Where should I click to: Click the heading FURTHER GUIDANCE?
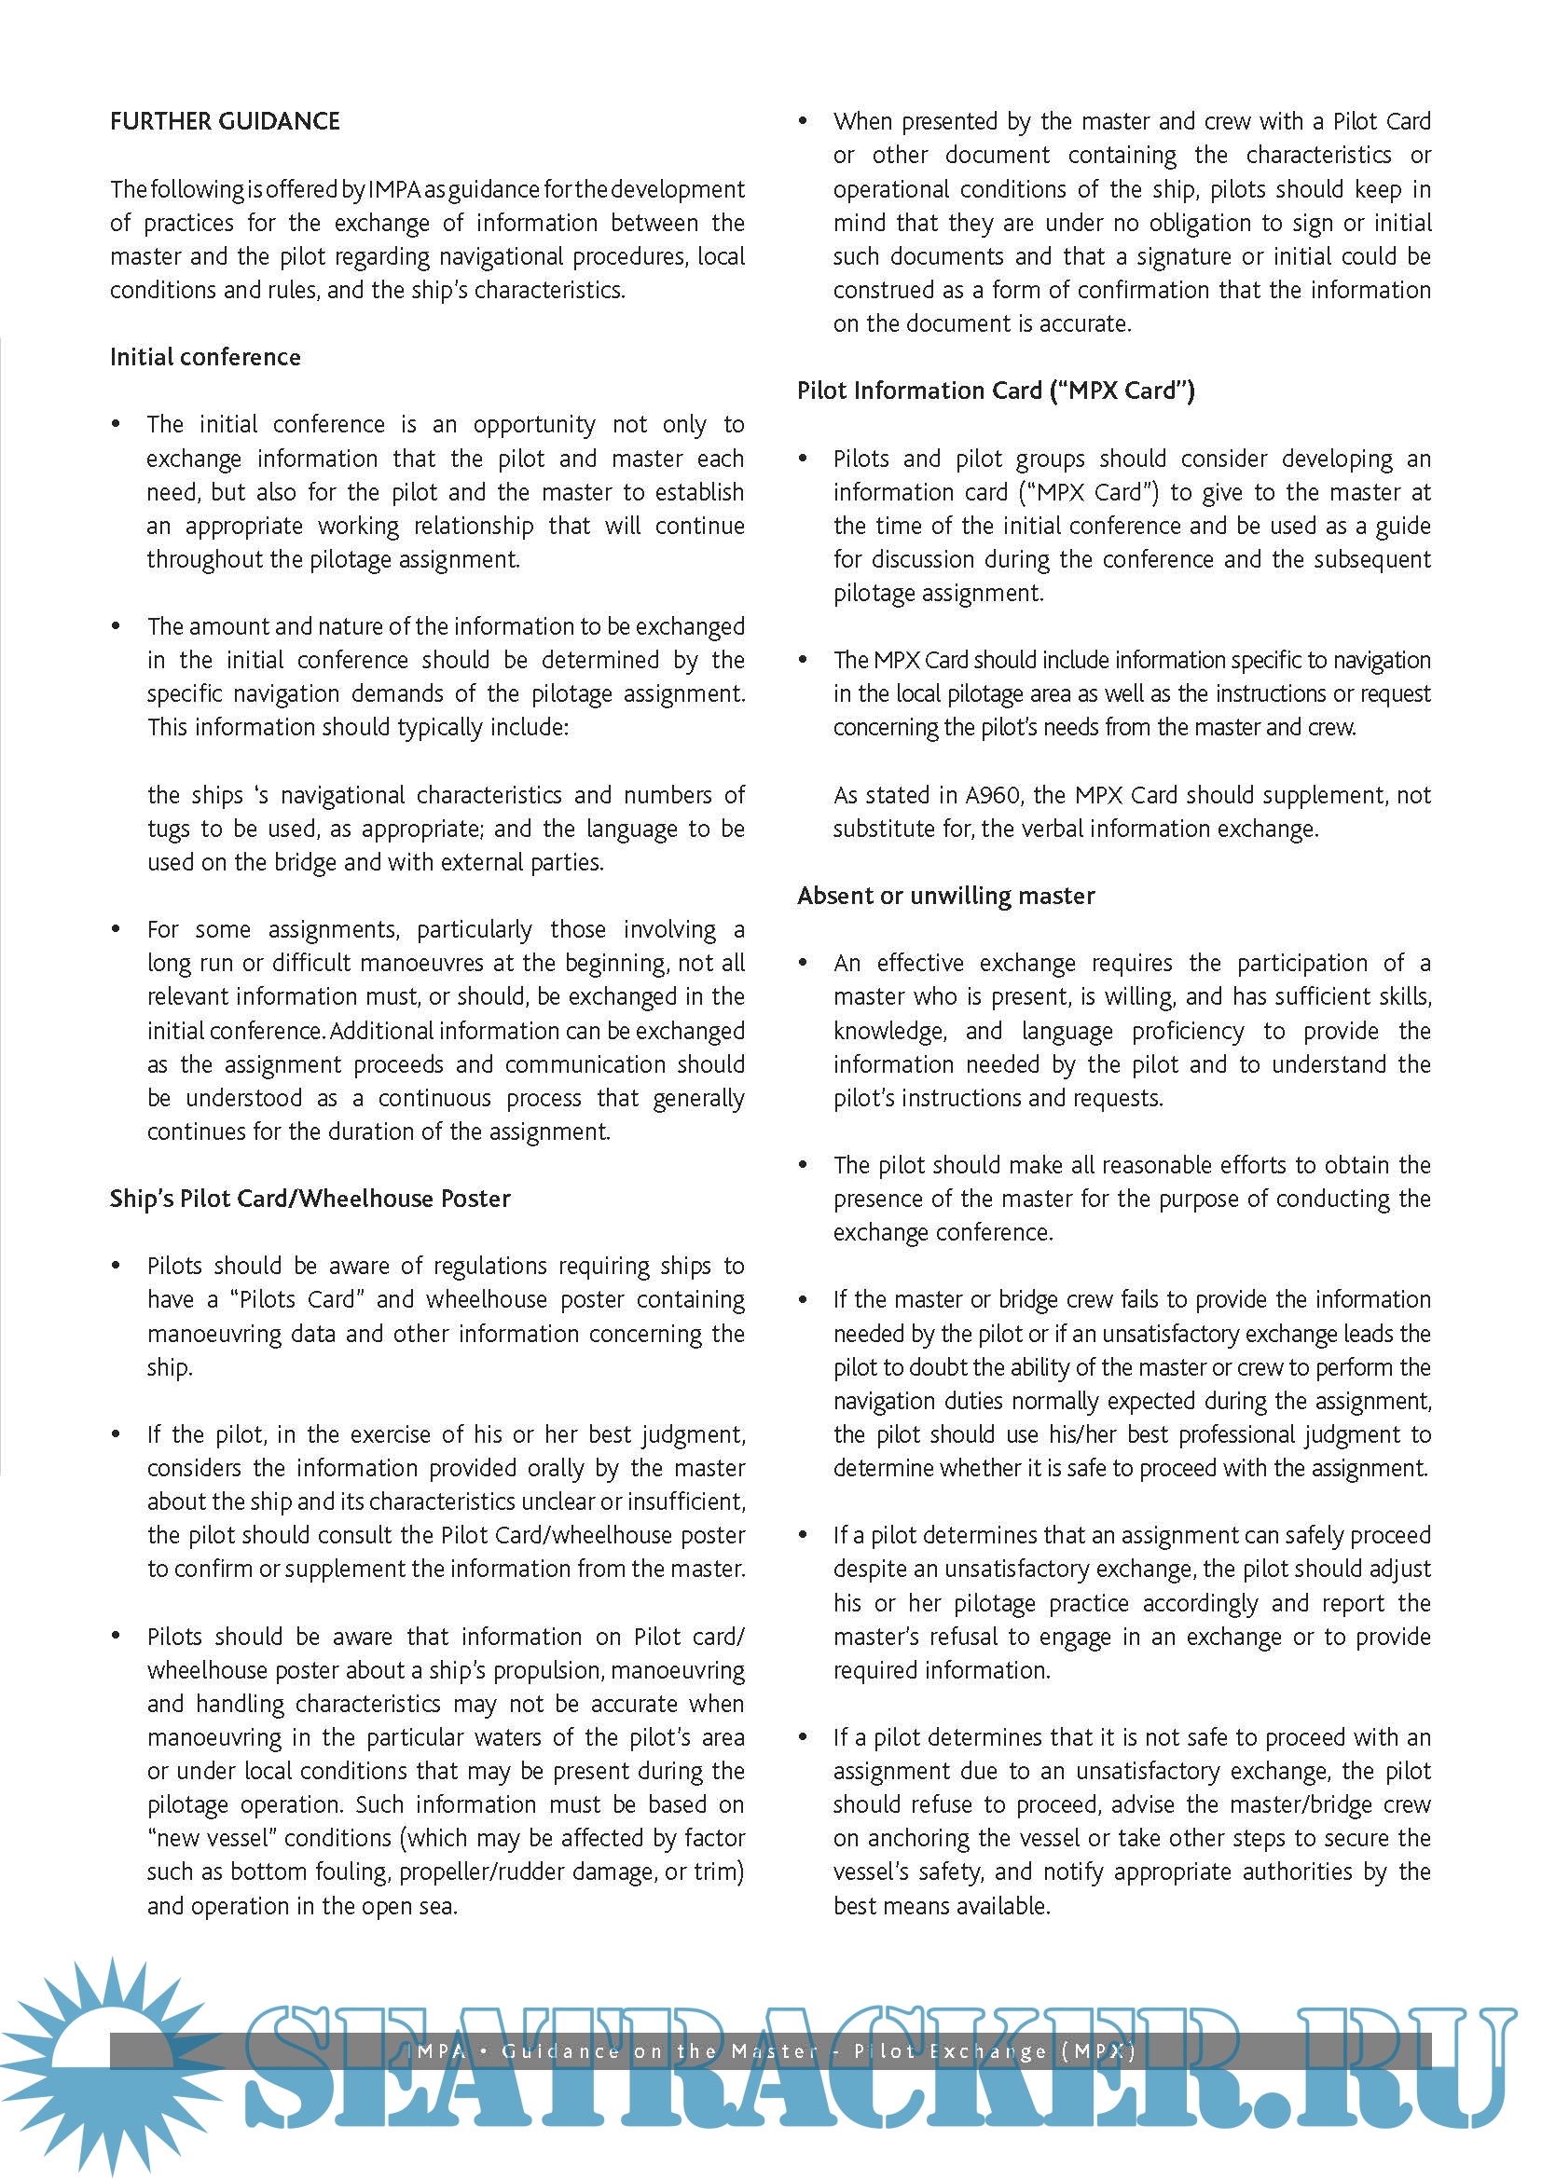click(225, 121)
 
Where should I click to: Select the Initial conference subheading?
click(205, 357)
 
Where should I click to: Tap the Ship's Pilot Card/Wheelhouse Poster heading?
click(310, 1199)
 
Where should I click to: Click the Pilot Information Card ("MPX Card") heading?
click(995, 391)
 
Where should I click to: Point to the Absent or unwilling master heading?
click(945, 896)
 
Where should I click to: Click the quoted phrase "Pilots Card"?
click(297, 1299)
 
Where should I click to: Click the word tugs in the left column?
click(168, 829)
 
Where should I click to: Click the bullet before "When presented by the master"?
click(803, 121)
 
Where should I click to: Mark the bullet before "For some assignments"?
click(116, 928)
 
